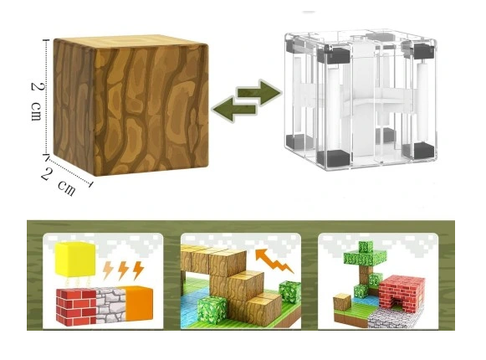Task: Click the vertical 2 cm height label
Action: click(x=37, y=102)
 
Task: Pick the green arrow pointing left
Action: click(x=234, y=109)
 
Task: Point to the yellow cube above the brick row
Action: click(x=75, y=260)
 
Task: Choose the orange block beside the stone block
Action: click(x=139, y=303)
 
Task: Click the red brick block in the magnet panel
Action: click(x=76, y=307)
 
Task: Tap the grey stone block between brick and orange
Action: click(x=111, y=305)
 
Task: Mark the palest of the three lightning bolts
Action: click(x=108, y=270)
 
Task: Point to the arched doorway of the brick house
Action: click(x=396, y=302)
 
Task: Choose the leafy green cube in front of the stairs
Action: click(x=212, y=309)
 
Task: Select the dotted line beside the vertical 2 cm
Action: click(x=47, y=97)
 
